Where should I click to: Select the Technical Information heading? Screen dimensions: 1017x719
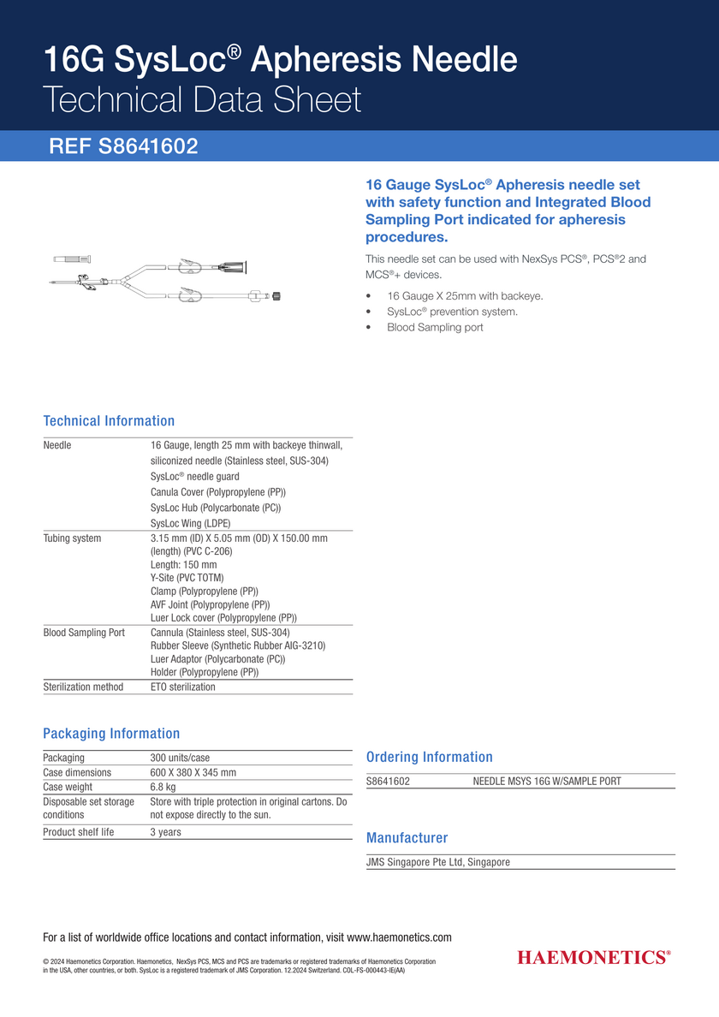click(109, 421)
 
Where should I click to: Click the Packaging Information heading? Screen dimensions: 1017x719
click(111, 734)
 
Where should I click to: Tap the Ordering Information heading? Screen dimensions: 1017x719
click(429, 757)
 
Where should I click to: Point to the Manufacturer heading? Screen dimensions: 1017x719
click(407, 838)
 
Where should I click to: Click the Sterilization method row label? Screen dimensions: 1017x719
click(83, 687)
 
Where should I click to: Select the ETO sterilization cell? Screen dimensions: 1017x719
click(183, 687)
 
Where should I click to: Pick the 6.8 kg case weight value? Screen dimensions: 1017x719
click(163, 787)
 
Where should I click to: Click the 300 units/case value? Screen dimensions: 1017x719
click(180, 758)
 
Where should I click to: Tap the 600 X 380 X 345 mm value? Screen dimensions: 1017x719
click(193, 772)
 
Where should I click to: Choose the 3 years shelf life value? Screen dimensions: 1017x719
click(166, 832)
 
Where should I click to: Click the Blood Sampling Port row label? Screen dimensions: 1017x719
click(84, 633)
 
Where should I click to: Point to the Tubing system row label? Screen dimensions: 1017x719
click(72, 538)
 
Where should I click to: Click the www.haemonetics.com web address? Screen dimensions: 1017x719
click(399, 937)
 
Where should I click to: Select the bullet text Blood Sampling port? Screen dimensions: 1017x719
click(435, 327)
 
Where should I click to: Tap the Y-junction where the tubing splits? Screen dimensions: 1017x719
click(129, 279)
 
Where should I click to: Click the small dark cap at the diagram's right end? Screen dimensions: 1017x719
click(276, 296)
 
